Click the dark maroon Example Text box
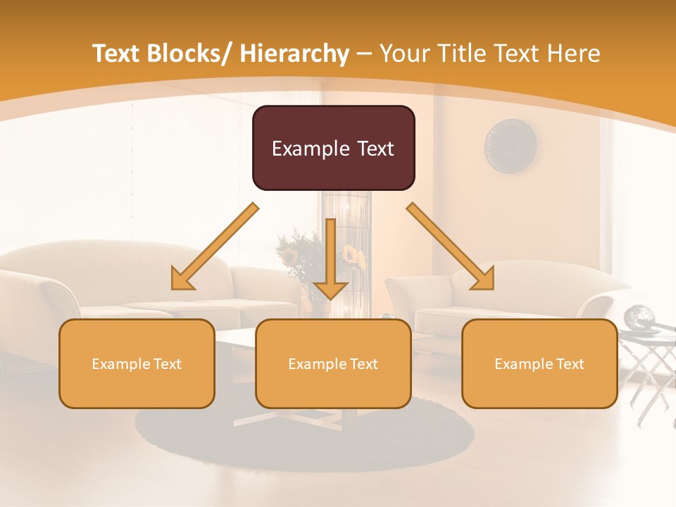[x=333, y=148]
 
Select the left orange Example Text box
[x=137, y=363]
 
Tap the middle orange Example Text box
[x=333, y=363]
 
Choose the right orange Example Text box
[x=539, y=363]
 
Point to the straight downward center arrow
[x=330, y=261]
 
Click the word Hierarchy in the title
[x=294, y=54]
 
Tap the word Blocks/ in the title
[x=193, y=54]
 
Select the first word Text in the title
[x=118, y=54]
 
